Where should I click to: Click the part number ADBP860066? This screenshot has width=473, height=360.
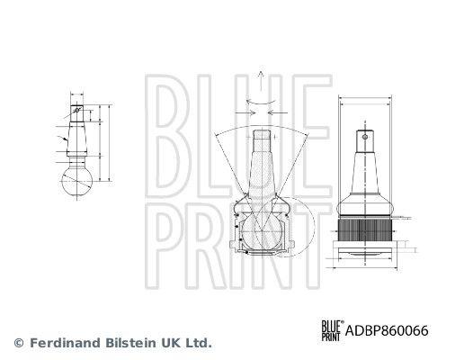pos(387,330)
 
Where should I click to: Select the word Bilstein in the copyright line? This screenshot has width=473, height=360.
pos(131,343)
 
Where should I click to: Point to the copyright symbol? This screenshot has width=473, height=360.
pos(19,343)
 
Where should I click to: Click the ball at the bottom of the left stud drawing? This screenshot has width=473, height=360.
pos(76,181)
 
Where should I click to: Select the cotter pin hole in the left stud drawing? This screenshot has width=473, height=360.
pos(77,110)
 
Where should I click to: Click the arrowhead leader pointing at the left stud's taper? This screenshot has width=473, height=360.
pos(63,139)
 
